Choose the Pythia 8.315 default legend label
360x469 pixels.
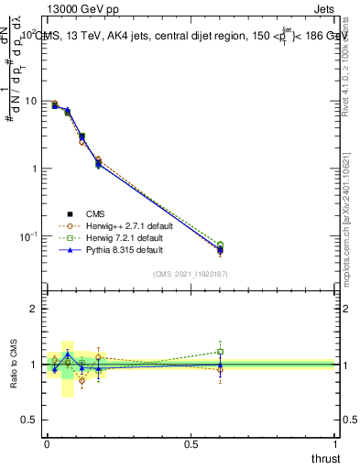tap(118, 249)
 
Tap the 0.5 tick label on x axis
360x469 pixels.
tap(191, 445)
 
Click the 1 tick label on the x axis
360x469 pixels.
tap(336, 445)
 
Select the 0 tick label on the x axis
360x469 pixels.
tap(46, 445)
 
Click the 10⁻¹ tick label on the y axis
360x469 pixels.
tap(27, 236)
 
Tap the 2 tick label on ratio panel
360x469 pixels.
tap(35, 310)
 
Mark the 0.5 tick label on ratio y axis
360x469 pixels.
tap(30, 420)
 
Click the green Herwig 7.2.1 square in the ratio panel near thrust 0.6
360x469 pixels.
tap(220, 352)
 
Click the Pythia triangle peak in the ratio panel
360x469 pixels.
tap(67, 355)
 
